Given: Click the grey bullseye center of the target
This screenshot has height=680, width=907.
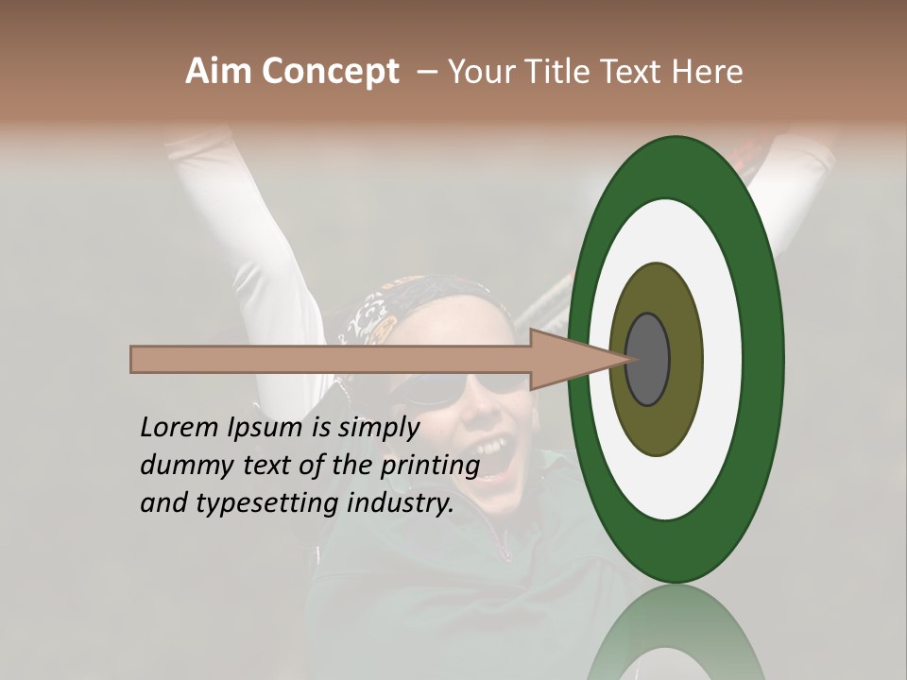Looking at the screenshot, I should (648, 359).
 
